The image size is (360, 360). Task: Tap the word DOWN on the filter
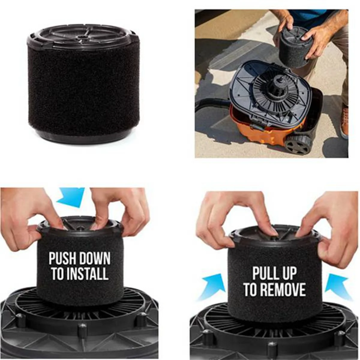(94, 259)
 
